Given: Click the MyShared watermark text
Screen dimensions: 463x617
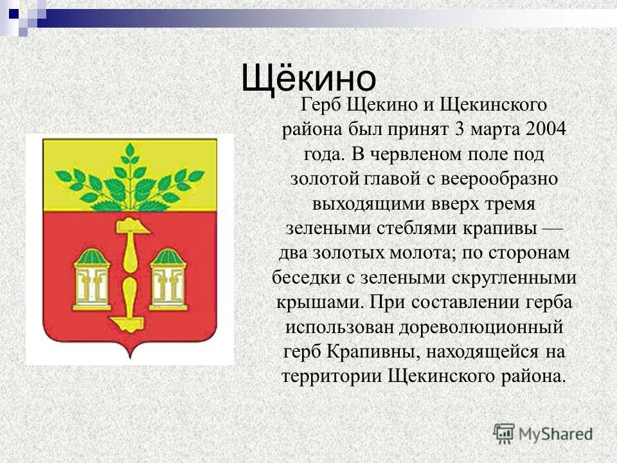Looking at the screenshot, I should [x=555, y=433].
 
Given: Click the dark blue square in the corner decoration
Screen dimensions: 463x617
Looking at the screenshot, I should [x=13, y=12].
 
